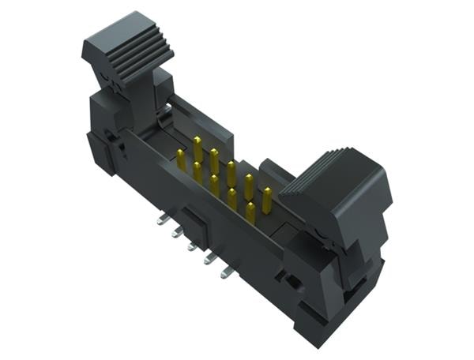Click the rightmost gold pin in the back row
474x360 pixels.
point(267,197)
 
